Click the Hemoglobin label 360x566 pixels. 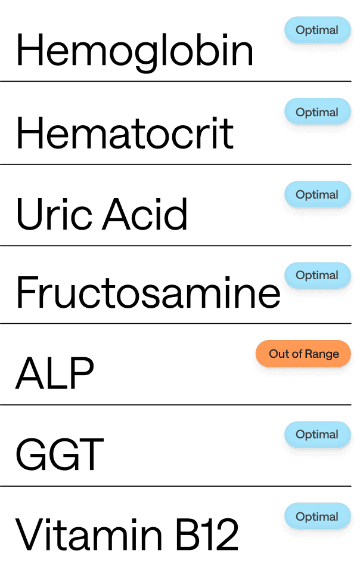coord(134,51)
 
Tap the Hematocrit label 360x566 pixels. coord(125,133)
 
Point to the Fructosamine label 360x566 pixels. coord(147,292)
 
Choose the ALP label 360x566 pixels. coord(54,373)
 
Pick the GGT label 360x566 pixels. coord(59,454)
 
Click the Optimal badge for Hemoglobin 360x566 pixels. coord(316,30)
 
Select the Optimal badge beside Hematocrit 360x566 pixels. coord(316,112)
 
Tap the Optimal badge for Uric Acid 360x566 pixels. coord(316,194)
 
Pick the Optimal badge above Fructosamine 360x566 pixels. coord(316,275)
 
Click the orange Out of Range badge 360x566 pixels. coord(304,354)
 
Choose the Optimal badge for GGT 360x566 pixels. coord(316,435)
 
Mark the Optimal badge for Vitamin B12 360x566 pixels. coord(316,516)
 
